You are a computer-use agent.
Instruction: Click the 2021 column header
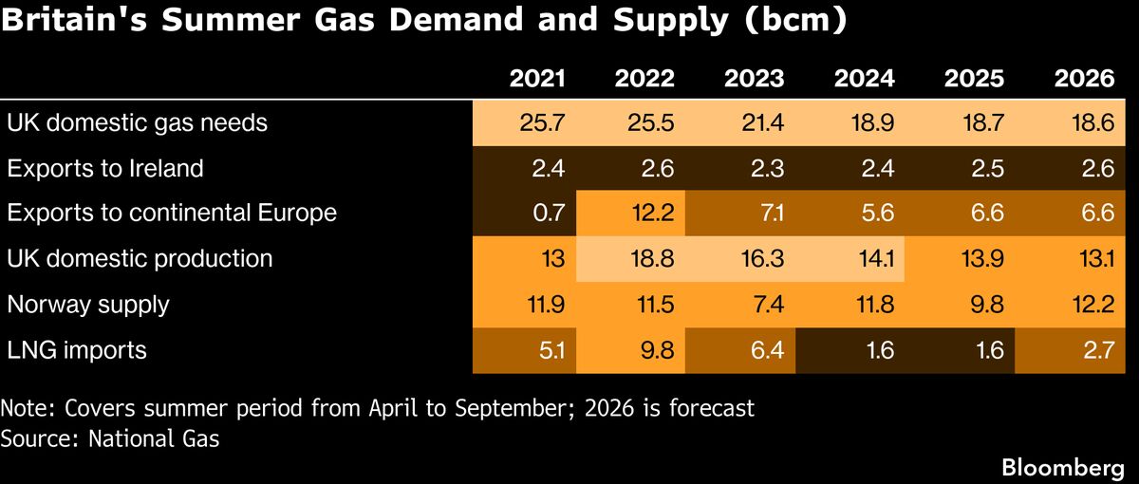(537, 78)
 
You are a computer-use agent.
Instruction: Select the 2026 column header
(1084, 78)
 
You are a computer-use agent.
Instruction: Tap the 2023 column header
(755, 78)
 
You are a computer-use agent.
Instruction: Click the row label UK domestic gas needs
(137, 122)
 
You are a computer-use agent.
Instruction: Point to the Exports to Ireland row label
(105, 168)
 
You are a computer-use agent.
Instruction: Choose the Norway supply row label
(88, 305)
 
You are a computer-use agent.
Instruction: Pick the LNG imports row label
(77, 350)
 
